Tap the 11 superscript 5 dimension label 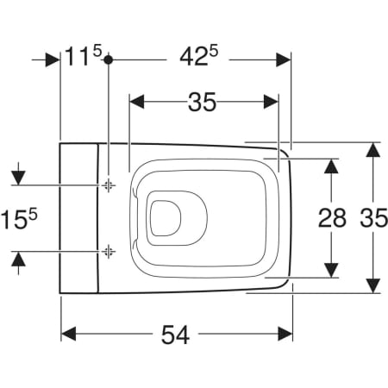point(84,59)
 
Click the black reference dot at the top point(108,59)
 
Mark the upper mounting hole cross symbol point(108,185)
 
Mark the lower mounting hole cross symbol point(108,251)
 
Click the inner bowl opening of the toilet point(165,216)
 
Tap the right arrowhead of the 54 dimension point(285,333)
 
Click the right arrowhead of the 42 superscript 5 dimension point(285,59)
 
